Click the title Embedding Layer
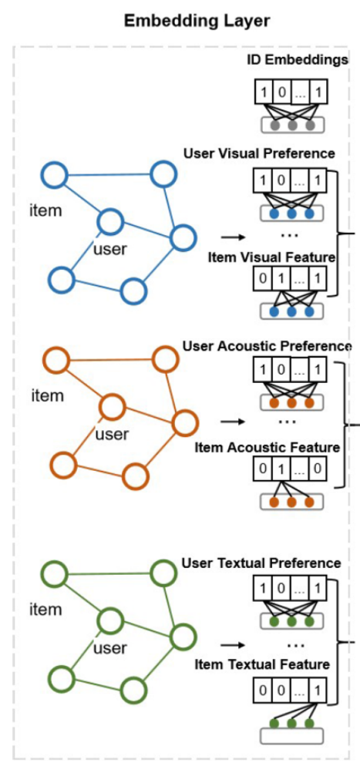click(x=197, y=21)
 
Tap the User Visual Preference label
click(x=259, y=153)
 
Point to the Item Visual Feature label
click(x=271, y=257)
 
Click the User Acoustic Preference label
click(x=267, y=347)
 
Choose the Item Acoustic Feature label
click(x=267, y=448)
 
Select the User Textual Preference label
click(x=261, y=563)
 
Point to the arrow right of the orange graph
click(x=230, y=422)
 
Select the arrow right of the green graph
click(x=230, y=644)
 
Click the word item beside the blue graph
click(x=45, y=210)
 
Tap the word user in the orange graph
click(x=111, y=435)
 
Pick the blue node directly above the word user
click(x=110, y=223)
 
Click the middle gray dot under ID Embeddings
click(x=292, y=124)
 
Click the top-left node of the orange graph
click(x=56, y=359)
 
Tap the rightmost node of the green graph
click(x=183, y=637)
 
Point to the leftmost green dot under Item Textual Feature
click(x=274, y=723)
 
